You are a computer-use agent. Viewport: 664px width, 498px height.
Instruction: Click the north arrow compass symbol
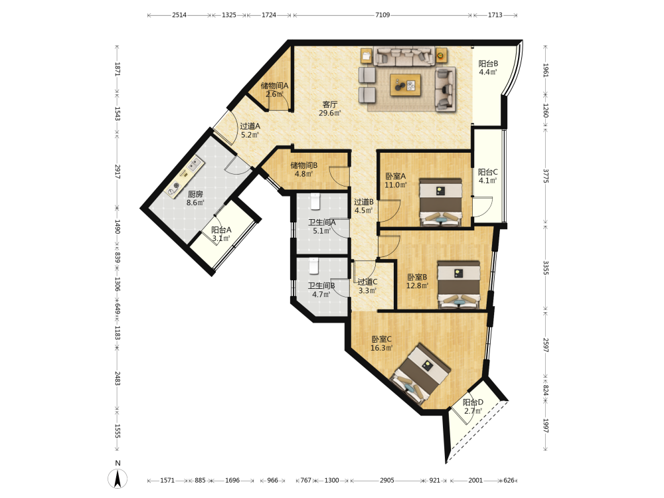click(x=118, y=479)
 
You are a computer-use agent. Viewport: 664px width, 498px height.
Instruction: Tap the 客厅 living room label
click(x=330, y=104)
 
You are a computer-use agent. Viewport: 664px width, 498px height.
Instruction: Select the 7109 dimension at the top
click(x=382, y=15)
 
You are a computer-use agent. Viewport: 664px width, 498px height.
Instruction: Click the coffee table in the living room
click(x=405, y=85)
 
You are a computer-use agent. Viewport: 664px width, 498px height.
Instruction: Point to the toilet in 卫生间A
click(x=315, y=202)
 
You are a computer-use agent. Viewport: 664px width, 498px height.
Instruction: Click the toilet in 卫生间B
click(x=313, y=266)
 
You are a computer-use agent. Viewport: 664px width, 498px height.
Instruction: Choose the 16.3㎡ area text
click(x=382, y=348)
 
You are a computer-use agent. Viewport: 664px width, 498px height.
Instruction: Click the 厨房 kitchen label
click(x=195, y=194)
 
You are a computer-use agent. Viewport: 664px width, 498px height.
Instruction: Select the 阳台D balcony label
click(x=473, y=402)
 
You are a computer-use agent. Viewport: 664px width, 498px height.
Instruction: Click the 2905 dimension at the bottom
click(x=386, y=480)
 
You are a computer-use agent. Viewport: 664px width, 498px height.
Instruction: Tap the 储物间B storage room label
click(x=303, y=165)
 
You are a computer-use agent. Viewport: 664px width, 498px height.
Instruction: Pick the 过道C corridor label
click(x=367, y=282)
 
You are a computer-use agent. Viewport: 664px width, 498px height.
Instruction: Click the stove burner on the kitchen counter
click(x=175, y=186)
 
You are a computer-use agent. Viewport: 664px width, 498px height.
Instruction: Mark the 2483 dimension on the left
click(x=118, y=378)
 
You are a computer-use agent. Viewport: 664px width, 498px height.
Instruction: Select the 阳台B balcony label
click(x=488, y=64)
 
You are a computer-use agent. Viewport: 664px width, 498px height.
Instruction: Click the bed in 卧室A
click(x=440, y=202)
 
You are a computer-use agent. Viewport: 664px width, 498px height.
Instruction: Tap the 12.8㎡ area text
click(x=417, y=286)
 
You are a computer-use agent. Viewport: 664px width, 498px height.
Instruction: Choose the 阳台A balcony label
click(x=221, y=230)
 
